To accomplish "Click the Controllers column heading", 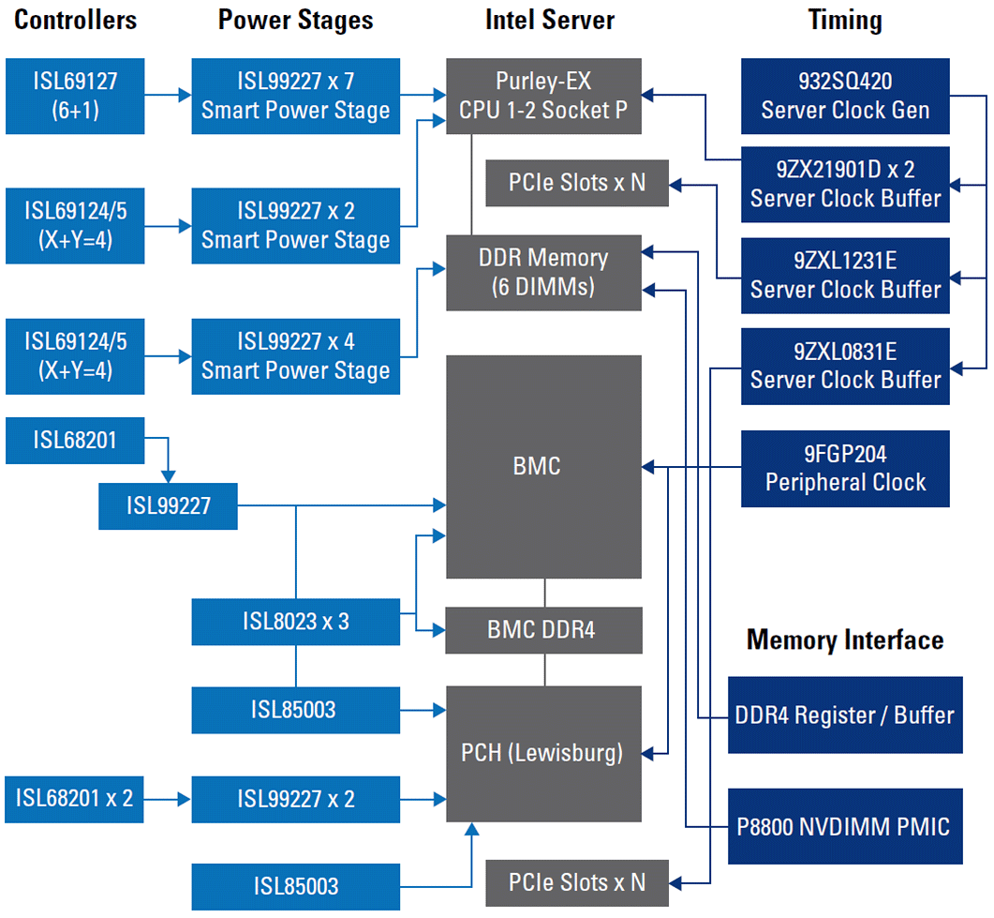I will [75, 21].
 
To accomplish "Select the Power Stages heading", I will [295, 21].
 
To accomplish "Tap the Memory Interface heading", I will [844, 640].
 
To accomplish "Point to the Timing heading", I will [845, 21].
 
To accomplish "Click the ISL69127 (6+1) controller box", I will [75, 96].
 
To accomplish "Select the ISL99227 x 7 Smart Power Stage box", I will [295, 96].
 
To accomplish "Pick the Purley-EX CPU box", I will [543, 96].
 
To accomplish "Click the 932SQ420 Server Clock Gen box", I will [845, 96].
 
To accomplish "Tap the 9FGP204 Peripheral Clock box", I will [845, 469].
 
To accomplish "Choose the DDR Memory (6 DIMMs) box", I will [543, 272].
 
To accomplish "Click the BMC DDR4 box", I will [543, 630].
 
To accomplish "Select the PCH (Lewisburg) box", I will [543, 753].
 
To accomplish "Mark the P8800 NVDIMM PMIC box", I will [845, 826].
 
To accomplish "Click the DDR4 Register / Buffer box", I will [845, 715].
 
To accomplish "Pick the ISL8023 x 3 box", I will [295, 621].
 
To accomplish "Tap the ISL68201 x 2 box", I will [75, 799].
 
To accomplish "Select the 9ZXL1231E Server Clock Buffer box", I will [845, 275].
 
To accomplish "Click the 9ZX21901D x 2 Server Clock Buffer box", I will [845, 184].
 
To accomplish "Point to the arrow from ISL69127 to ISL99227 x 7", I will [169, 95].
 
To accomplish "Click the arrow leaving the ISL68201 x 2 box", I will [169, 800].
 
